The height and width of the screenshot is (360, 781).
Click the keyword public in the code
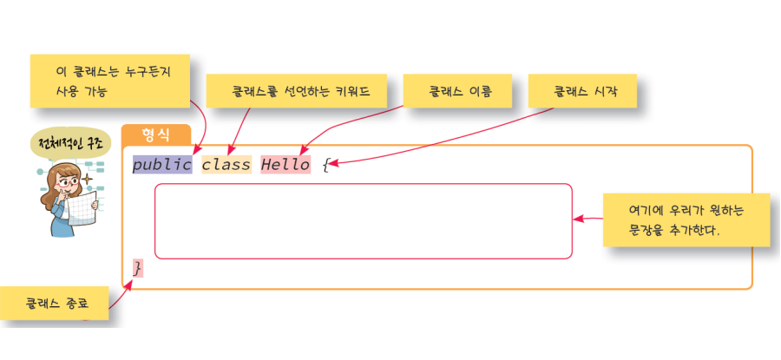coord(161,165)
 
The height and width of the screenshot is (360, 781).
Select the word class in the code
coord(226,165)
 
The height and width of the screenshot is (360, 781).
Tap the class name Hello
coord(285,165)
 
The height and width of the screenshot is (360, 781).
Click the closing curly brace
coord(137,268)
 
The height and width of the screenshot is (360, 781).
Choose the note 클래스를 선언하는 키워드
coord(296,90)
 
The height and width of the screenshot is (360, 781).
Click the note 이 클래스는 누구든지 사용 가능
coord(112,81)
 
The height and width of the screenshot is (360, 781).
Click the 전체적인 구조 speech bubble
coord(69,143)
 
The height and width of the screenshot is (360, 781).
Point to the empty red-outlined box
coord(363,221)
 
